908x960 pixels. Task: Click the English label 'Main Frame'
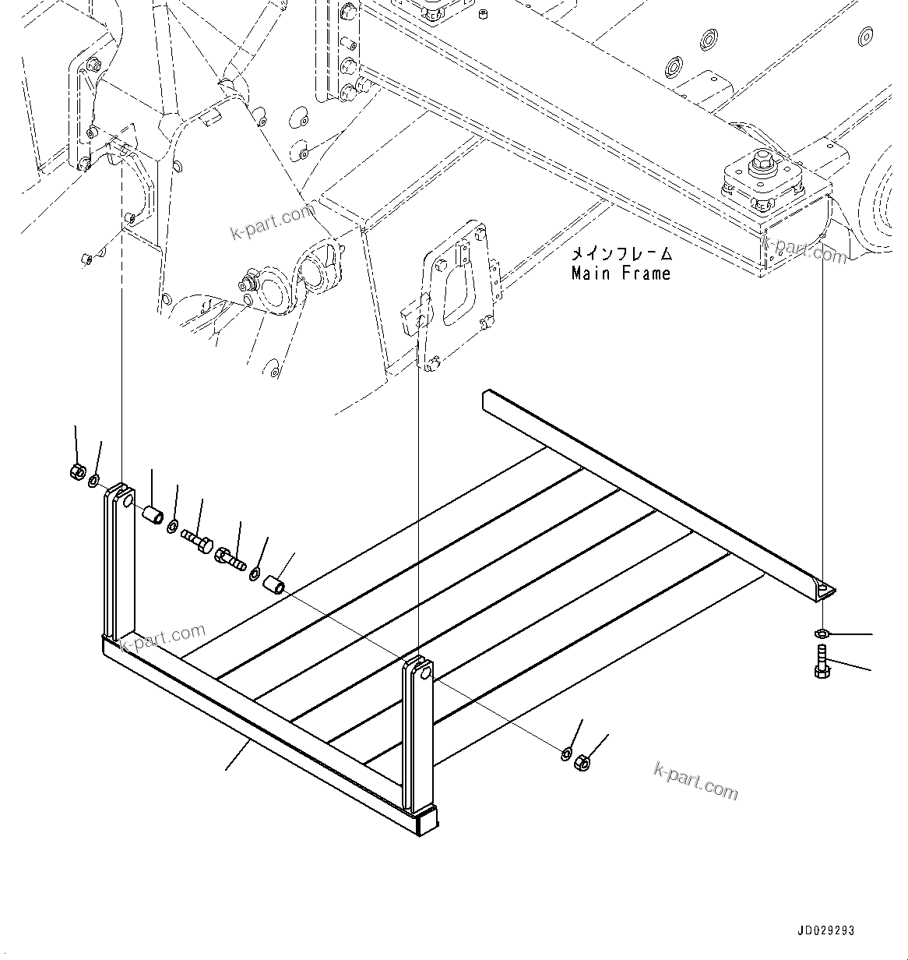621,274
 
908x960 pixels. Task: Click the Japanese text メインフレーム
621,254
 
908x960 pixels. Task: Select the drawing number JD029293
825,930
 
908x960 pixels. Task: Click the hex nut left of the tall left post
77,471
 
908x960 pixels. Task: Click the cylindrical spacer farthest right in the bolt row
273,584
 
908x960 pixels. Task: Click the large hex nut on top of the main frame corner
760,164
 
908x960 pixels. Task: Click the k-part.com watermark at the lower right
695,781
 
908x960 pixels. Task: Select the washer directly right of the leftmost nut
93,481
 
